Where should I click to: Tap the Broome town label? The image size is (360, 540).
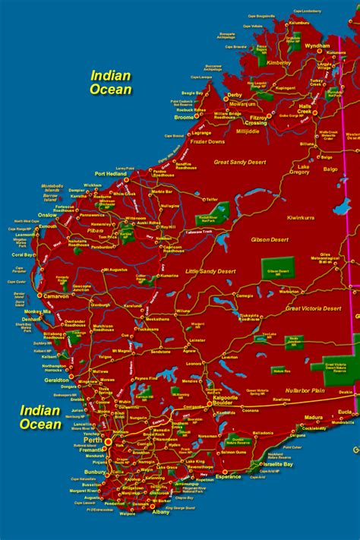tap(185, 118)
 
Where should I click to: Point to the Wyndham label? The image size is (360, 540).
tap(316, 46)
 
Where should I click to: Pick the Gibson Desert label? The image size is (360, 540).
tap(270, 239)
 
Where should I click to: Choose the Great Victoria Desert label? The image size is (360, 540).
tap(313, 308)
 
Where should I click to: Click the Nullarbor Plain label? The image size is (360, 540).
tap(305, 390)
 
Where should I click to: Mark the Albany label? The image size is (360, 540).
tap(162, 513)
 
